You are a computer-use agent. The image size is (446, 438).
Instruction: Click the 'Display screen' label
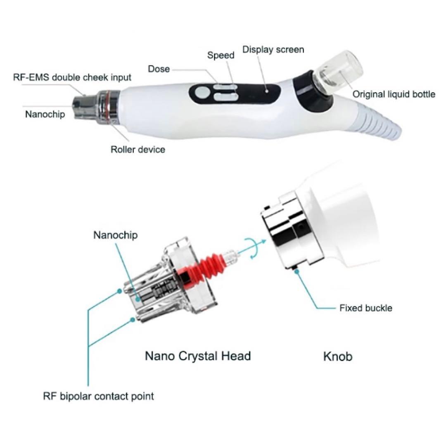tap(273, 50)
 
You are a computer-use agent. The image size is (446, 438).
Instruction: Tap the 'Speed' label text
tap(221, 55)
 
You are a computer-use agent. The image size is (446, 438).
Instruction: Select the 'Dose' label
tap(159, 69)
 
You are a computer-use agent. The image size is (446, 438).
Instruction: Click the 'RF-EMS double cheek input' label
tap(72, 77)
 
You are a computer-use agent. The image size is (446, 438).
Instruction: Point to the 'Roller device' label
tap(138, 149)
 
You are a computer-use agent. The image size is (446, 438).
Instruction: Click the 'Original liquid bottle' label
tap(394, 94)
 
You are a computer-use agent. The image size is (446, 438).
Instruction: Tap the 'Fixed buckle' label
tap(366, 308)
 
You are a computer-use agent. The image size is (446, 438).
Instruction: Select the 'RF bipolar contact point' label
tap(98, 396)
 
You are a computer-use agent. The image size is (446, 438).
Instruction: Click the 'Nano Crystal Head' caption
tap(198, 356)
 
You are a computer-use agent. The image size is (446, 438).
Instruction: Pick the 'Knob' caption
tap(338, 357)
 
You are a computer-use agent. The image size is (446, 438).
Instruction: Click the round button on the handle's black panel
tap(202, 93)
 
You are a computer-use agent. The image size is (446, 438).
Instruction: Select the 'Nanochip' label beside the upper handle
tap(45, 114)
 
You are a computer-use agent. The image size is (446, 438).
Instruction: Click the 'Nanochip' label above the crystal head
tap(116, 235)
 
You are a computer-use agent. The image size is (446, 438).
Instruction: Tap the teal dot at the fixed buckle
tap(297, 271)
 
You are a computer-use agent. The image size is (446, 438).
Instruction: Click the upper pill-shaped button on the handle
tap(226, 87)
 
